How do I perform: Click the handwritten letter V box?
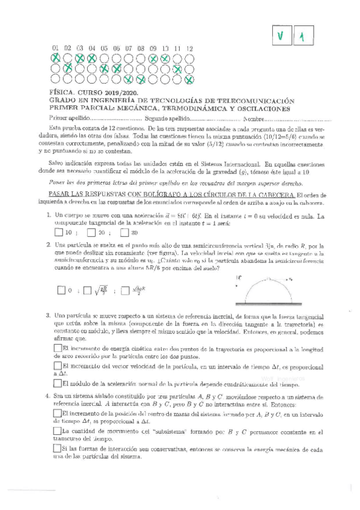point(279,37)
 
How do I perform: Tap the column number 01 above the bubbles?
point(55,48)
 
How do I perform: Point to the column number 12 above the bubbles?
point(189,48)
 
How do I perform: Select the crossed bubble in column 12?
point(189,79)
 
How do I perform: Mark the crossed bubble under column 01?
point(55,58)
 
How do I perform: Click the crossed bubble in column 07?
point(129,79)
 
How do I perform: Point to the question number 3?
point(47,316)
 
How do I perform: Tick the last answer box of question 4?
point(57,449)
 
